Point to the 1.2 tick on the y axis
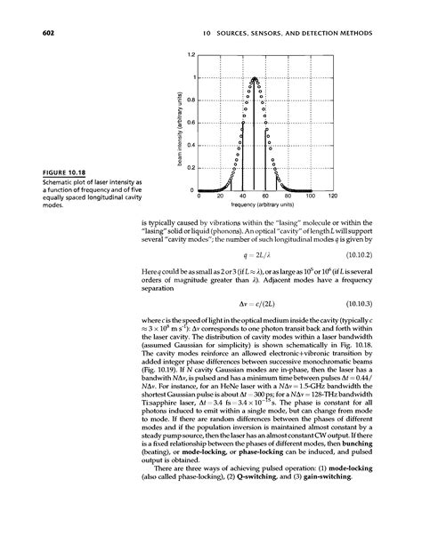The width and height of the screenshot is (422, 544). pyautogui.click(x=191, y=55)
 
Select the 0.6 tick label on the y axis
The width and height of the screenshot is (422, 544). pyautogui.click(x=191, y=123)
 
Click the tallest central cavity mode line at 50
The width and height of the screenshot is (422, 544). pyautogui.click(x=255, y=133)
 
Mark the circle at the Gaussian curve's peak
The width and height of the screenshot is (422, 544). pyautogui.click(x=255, y=78)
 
